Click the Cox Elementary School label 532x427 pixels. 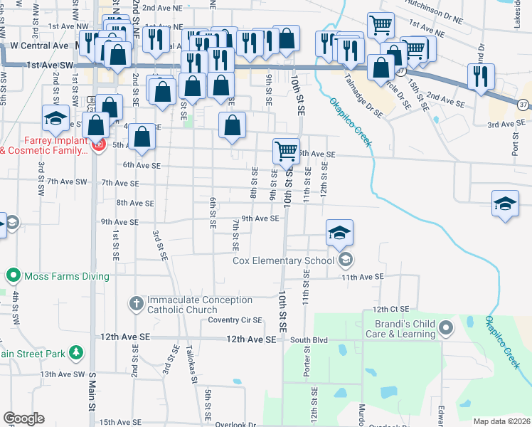pyautogui.click(x=283, y=260)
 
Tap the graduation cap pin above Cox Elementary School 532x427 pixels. pyautogui.click(x=340, y=232)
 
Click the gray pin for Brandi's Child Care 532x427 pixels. pyautogui.click(x=446, y=328)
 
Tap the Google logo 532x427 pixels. pyautogui.click(x=23, y=418)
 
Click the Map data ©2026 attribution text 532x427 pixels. pyautogui.click(x=501, y=421)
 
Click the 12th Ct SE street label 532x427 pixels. pyautogui.click(x=390, y=310)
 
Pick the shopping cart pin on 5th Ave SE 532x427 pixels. pyautogui.click(x=286, y=150)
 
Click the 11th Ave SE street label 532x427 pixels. pyautogui.click(x=362, y=275)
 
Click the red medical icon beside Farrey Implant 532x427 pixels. pyautogui.click(x=98, y=147)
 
